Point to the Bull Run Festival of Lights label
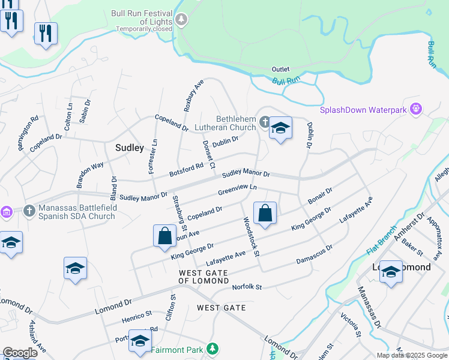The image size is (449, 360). coord(142,18)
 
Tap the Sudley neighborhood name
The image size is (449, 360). coord(129,148)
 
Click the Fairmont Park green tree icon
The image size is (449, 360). coord(211,349)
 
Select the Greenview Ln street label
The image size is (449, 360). coord(237,190)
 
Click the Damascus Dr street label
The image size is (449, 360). coord(315,254)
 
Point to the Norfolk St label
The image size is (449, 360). coord(247,287)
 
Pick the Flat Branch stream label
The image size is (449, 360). coord(382,240)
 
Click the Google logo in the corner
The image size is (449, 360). coord(20,353)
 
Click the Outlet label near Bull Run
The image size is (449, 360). coord(280,70)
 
